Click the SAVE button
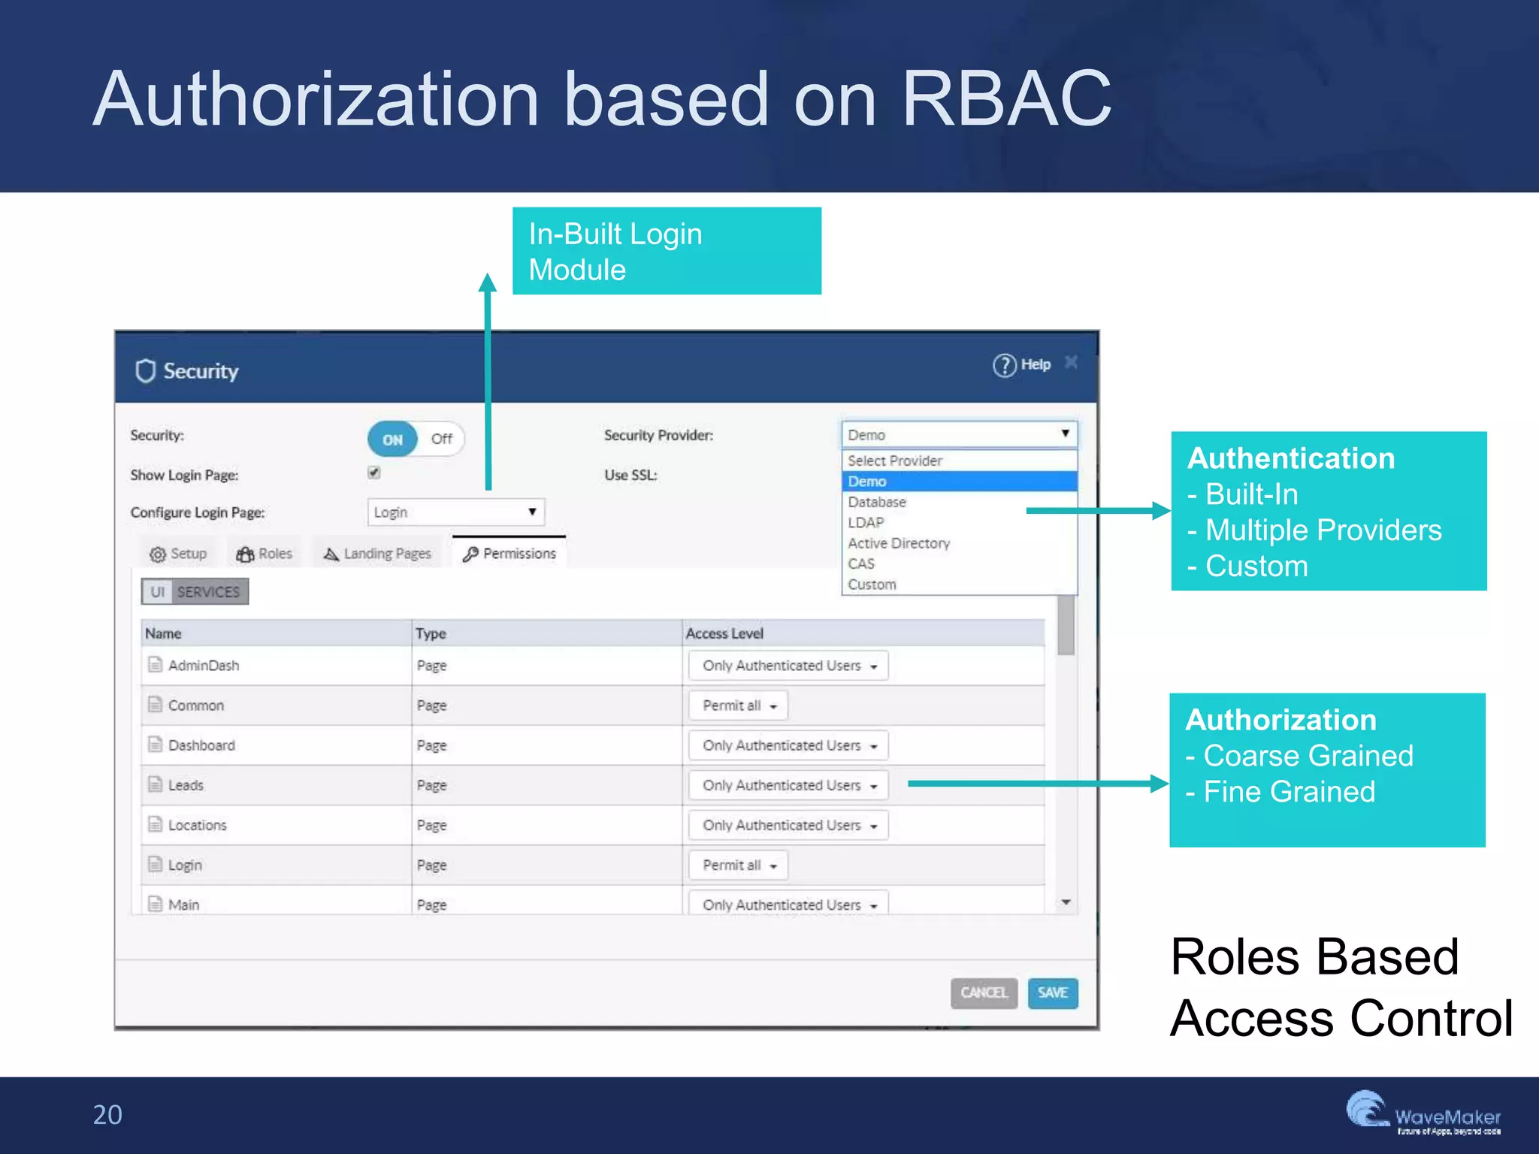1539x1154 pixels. point(1052,992)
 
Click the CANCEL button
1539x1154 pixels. point(983,992)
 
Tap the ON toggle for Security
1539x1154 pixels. point(392,440)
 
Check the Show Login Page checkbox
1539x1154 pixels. point(374,473)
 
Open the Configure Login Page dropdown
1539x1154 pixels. point(455,512)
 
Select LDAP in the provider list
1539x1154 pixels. point(866,522)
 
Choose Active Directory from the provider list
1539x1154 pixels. point(899,543)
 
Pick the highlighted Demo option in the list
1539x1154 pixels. point(867,482)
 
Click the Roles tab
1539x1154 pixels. point(265,554)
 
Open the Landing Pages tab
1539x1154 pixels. point(377,554)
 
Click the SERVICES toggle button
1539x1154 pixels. point(208,592)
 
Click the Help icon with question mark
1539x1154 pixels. point(1004,365)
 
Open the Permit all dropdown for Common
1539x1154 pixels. point(739,705)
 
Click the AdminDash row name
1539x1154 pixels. point(204,666)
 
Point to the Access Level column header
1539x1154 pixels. point(724,633)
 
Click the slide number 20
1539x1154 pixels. point(107,1115)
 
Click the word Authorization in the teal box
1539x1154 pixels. point(1280,720)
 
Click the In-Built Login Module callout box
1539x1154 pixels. point(667,251)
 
